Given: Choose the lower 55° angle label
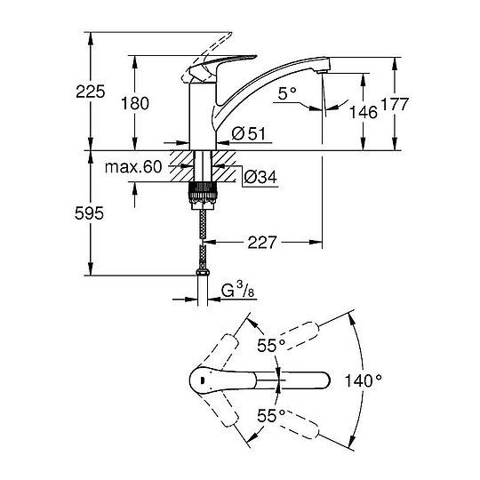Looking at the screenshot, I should [x=270, y=413].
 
